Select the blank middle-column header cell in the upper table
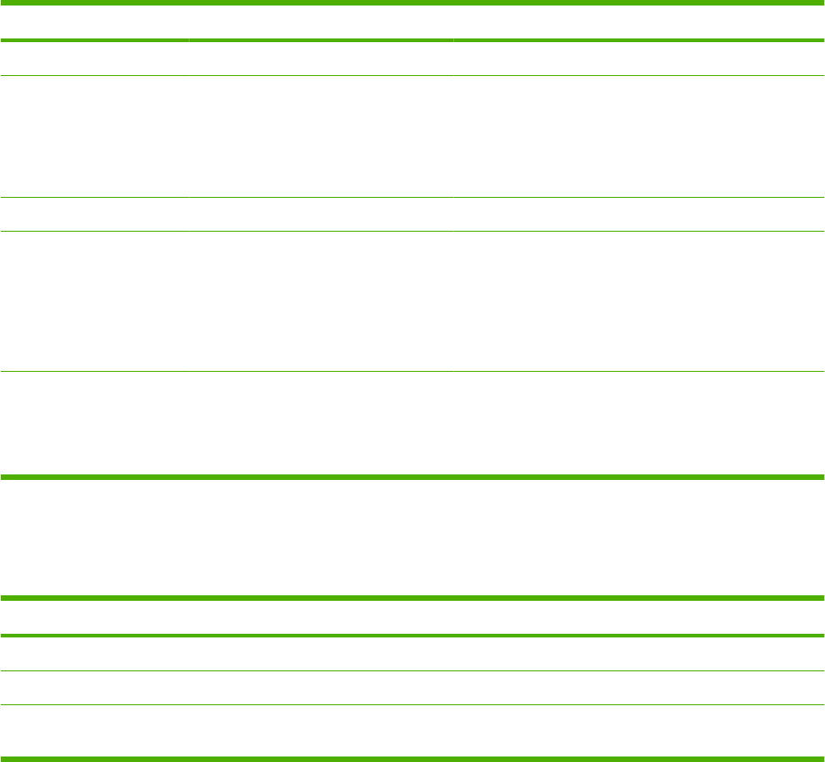coord(320,23)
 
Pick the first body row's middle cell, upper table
coord(320,59)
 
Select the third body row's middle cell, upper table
coord(320,214)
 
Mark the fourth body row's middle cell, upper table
coord(320,301)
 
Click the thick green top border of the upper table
coord(412,3)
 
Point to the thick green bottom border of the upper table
coord(412,477)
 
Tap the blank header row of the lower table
coord(412,617)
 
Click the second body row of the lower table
coord(412,688)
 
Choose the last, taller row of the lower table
coord(412,730)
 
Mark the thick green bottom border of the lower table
coord(412,758)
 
